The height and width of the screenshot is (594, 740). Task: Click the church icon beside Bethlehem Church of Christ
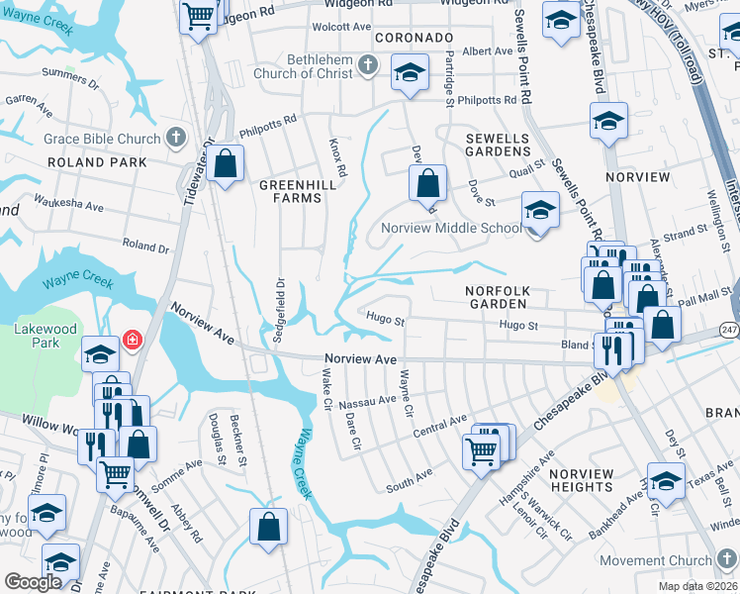[368, 65]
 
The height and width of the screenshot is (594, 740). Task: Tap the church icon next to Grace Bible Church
[176, 137]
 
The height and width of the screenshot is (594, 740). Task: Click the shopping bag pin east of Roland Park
[226, 165]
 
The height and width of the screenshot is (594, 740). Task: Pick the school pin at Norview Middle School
[540, 211]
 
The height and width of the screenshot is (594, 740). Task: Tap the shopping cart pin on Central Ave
[481, 450]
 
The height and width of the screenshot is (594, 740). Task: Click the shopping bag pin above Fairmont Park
[269, 527]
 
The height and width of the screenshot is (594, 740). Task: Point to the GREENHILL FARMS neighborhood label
[291, 191]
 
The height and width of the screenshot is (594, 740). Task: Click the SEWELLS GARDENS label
[499, 145]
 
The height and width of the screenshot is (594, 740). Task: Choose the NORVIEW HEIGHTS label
[582, 480]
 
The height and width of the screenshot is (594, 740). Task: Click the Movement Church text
[656, 560]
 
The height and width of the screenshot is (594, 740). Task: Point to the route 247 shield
[730, 328]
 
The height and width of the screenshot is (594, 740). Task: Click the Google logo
[33, 582]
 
